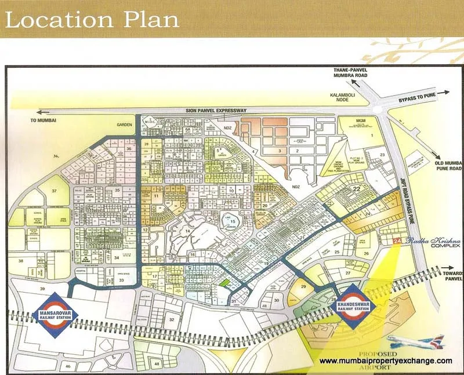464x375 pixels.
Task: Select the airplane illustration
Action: pos(415,341)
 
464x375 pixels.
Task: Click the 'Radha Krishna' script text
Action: pos(425,239)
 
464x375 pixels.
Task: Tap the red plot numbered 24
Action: pos(397,241)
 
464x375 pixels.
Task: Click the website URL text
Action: pos(386,361)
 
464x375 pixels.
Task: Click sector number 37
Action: pos(54,191)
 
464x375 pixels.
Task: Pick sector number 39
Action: pos(41,289)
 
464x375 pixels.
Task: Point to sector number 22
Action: pos(357,189)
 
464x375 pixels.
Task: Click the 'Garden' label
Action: pos(124,124)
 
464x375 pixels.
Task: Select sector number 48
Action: pos(157,363)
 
